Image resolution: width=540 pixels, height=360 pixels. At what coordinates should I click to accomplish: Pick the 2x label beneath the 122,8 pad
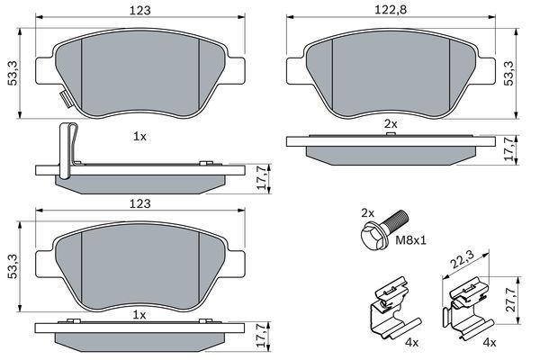(391, 121)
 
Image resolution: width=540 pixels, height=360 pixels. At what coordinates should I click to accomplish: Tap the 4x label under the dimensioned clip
(490, 343)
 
